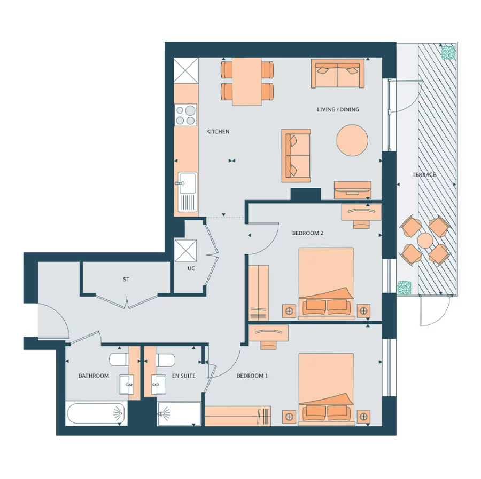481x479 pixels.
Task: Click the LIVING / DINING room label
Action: tap(338, 109)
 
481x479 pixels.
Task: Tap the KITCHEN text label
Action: tap(218, 131)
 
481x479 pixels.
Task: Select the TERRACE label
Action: tap(423, 174)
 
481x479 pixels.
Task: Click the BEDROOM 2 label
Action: tap(307, 233)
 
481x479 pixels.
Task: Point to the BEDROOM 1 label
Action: tap(252, 376)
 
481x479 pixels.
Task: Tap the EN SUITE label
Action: tap(183, 376)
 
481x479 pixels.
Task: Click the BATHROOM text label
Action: tap(94, 376)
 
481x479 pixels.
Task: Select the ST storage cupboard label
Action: tap(126, 279)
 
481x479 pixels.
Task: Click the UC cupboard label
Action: tap(191, 268)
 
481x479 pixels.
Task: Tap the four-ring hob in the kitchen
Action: tap(185, 115)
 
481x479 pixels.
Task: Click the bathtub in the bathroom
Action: tap(96, 414)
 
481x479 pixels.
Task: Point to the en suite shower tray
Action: tap(179, 414)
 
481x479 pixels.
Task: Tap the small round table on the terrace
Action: tap(425, 241)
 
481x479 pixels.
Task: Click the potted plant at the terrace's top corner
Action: tap(448, 52)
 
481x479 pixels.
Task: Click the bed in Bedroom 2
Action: tap(326, 283)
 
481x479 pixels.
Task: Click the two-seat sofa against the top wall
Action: tap(337, 74)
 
